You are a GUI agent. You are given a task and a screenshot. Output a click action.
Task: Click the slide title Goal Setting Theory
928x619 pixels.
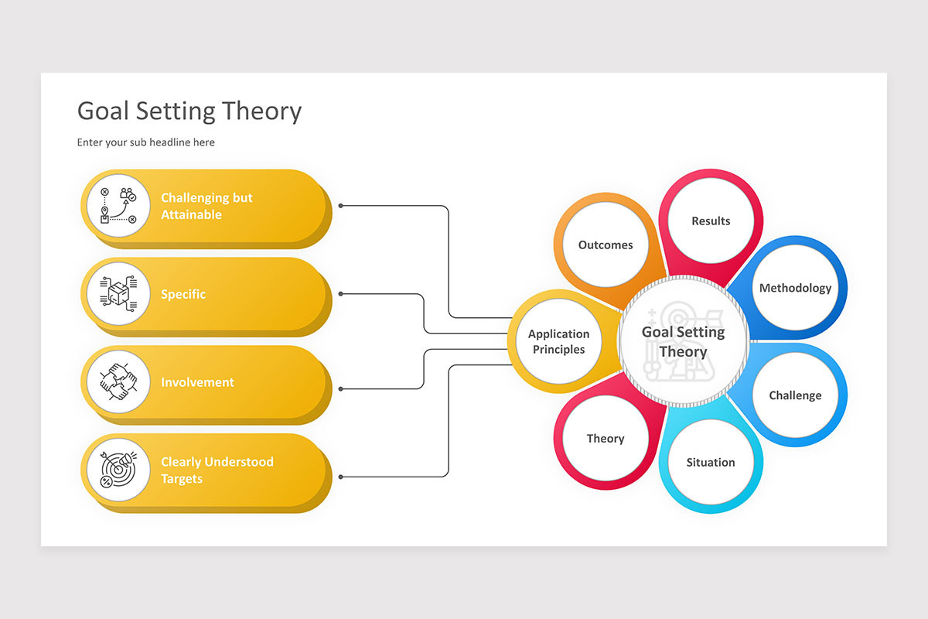(189, 111)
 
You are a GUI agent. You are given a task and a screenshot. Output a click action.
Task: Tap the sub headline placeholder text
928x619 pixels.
(146, 142)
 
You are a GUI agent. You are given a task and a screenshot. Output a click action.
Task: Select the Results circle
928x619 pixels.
(711, 221)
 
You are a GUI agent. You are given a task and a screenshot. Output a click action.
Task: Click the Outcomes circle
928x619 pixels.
(606, 245)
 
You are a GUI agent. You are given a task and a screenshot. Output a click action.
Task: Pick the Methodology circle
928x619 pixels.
(795, 288)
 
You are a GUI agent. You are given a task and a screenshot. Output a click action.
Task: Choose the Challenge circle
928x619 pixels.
(795, 395)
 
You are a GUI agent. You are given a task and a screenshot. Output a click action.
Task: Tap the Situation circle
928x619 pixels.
(711, 463)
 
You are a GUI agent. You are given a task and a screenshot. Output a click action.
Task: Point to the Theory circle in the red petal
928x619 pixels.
(606, 439)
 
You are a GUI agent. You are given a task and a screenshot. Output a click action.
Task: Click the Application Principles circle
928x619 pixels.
(558, 341)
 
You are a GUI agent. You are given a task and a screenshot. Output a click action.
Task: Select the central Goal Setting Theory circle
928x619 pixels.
(684, 341)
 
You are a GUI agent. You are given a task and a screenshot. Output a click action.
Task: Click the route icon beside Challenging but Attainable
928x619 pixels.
(118, 206)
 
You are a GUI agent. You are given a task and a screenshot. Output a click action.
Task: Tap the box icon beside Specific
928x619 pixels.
(118, 294)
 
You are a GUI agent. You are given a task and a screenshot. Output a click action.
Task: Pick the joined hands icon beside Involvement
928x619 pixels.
(118, 382)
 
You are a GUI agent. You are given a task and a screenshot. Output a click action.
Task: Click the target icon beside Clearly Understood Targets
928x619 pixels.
(118, 470)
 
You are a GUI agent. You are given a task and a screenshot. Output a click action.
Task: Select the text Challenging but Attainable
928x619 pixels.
(206, 207)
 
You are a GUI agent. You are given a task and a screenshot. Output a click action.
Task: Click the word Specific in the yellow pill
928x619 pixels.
(183, 294)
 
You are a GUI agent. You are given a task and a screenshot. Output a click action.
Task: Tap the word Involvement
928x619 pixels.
(197, 382)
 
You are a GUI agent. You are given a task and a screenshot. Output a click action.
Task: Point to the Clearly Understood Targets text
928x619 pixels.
(217, 470)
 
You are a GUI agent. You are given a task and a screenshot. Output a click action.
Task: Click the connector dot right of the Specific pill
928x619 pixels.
(341, 294)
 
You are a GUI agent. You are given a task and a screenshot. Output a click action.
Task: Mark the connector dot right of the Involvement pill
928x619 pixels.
(341, 388)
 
